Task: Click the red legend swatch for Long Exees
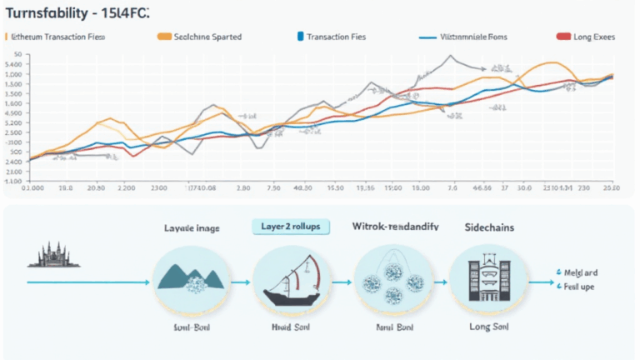click(x=562, y=37)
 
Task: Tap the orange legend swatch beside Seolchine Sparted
click(x=164, y=37)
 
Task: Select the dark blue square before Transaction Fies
click(x=299, y=37)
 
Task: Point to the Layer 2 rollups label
click(x=290, y=226)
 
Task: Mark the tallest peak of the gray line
click(x=450, y=57)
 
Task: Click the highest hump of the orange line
click(x=552, y=63)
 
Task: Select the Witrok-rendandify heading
click(x=390, y=226)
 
